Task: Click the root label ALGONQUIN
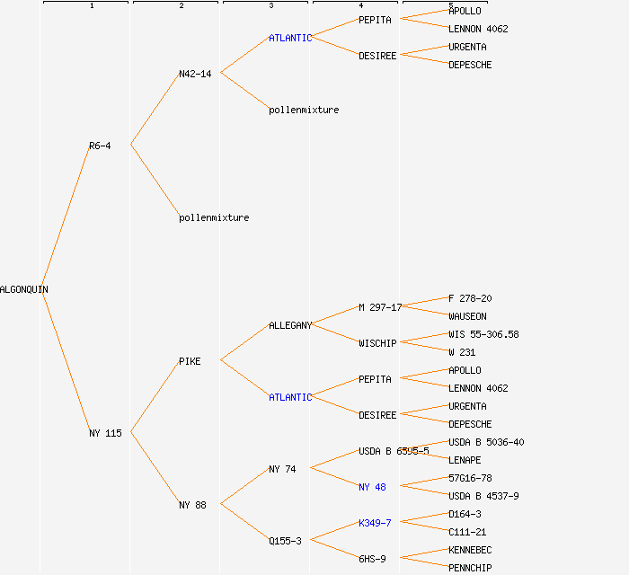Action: (24, 289)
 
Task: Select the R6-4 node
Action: (100, 146)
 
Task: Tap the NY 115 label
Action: (105, 433)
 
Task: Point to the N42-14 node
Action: (195, 74)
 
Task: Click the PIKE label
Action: (190, 361)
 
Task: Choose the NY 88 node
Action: (192, 505)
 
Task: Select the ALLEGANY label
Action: (290, 325)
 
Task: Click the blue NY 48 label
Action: (372, 487)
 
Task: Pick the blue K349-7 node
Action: (375, 523)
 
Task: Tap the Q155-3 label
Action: (285, 541)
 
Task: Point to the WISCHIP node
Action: (377, 343)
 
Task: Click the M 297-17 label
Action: (380, 307)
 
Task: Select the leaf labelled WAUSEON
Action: (467, 316)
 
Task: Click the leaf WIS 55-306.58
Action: (483, 334)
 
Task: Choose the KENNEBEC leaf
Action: (470, 550)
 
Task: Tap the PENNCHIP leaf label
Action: (470, 568)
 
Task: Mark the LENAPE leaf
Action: (465, 460)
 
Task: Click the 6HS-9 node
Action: (372, 559)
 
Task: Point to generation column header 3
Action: (270, 5)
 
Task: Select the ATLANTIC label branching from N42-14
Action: (290, 38)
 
